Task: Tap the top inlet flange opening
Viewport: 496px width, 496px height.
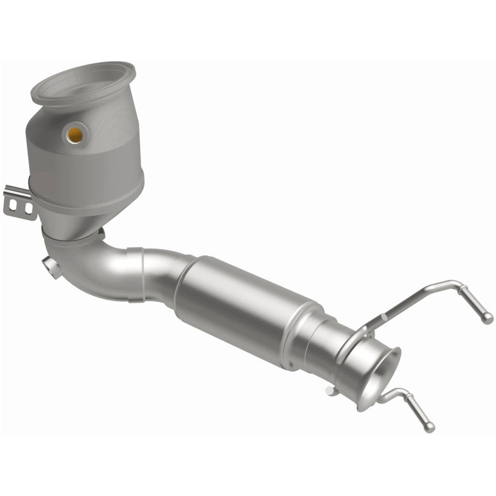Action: point(83,82)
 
